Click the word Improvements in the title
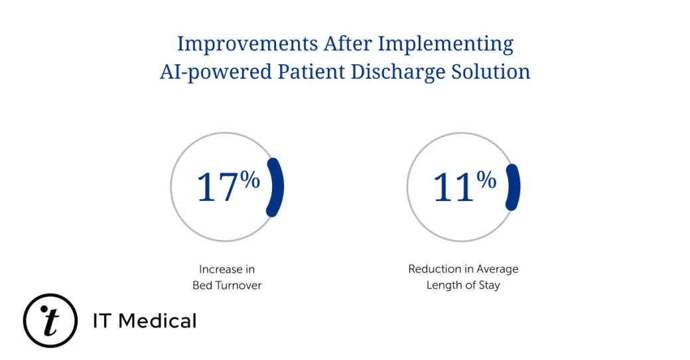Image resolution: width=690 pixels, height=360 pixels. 247,44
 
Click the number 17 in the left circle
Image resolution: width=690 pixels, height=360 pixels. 217,187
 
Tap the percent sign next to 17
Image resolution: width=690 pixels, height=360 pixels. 250,179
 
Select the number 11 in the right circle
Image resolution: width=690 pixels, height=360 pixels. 453,187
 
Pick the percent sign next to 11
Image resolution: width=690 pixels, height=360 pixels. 486,179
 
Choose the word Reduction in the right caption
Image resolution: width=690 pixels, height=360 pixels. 434,269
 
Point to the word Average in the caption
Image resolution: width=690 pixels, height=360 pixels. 498,269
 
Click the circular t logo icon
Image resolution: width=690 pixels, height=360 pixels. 50,321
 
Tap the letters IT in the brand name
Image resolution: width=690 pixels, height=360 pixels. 104,322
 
